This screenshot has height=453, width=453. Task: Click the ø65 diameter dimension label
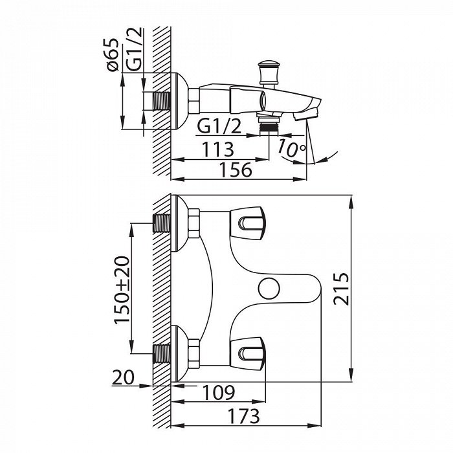(113, 54)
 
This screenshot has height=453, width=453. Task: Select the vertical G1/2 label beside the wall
(135, 49)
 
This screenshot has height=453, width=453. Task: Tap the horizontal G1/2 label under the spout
(219, 126)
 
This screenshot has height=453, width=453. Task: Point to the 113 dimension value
(217, 149)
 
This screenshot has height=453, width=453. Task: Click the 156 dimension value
(236, 170)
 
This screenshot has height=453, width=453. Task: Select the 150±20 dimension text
(122, 290)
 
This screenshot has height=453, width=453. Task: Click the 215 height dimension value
(341, 289)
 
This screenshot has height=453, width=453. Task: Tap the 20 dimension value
(124, 377)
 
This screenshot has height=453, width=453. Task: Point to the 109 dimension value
(219, 393)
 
